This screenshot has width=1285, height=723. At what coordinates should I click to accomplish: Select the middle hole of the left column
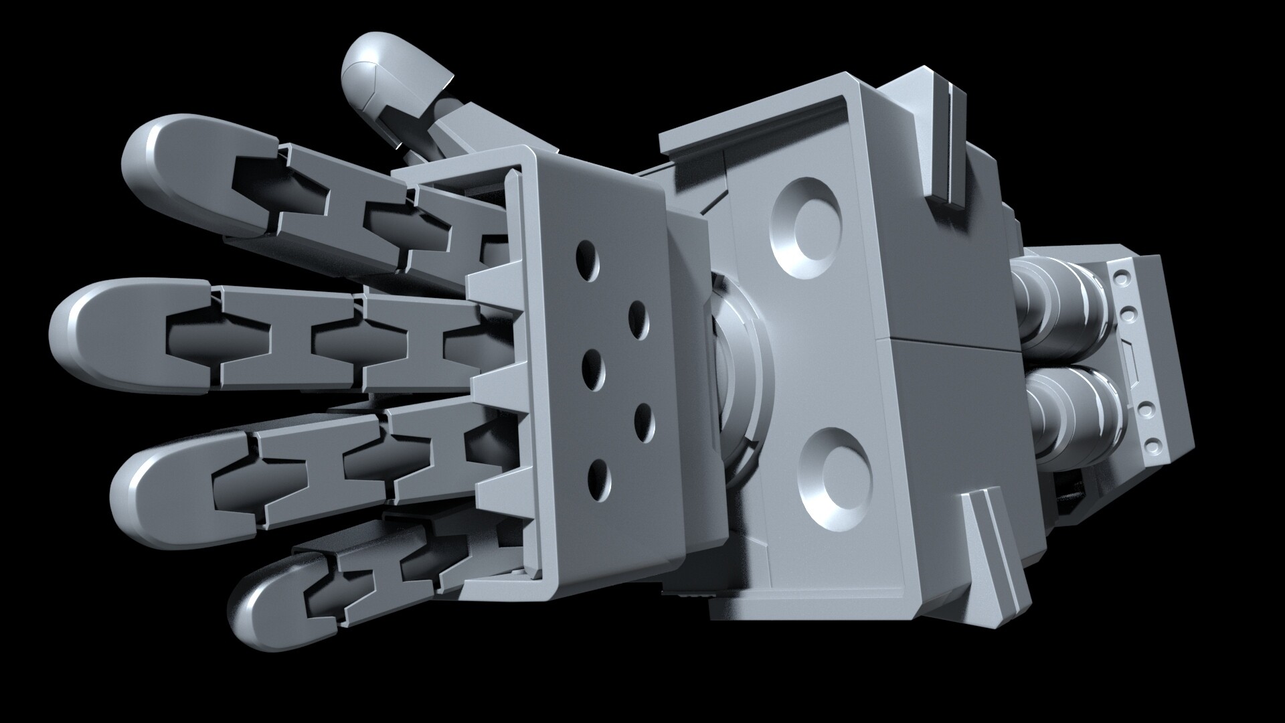pos(592,367)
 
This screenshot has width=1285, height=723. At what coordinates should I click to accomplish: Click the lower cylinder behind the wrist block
pos(1071,415)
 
